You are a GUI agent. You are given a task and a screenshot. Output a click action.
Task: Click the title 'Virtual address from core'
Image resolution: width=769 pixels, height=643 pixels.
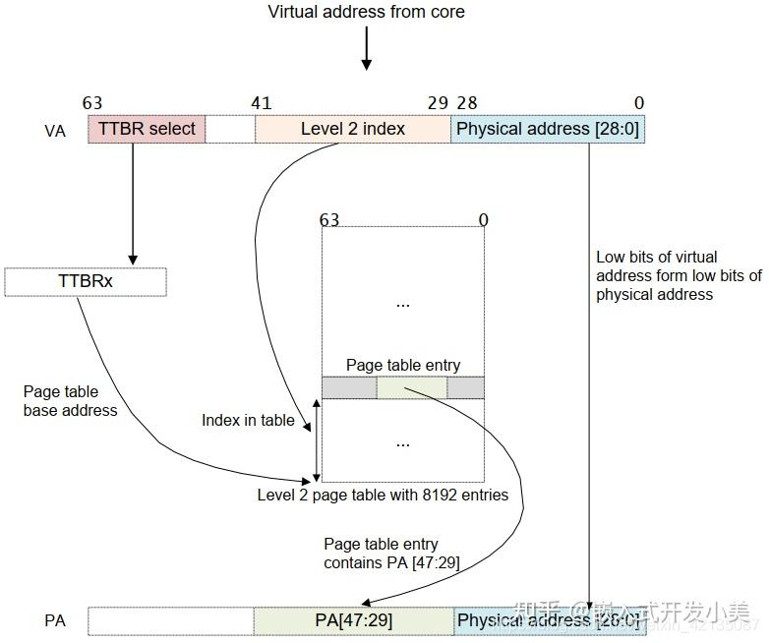coord(366,12)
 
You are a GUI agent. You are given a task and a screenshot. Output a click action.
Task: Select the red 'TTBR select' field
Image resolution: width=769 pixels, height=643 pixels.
coord(147,129)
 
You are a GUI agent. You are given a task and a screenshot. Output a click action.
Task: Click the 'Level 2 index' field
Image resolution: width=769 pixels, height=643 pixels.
coord(352,129)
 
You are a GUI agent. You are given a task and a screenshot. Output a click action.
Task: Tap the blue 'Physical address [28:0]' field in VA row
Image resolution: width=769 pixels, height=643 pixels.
coord(547,129)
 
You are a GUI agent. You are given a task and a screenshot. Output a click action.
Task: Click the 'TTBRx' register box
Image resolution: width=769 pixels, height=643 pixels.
coord(86,281)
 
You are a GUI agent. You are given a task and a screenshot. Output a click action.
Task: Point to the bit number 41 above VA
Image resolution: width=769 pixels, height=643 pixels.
coord(261,103)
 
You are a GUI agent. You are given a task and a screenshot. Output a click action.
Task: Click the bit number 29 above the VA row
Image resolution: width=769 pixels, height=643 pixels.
coord(438,103)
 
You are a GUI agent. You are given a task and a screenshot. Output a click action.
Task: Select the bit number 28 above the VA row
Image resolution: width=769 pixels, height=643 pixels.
coord(466,103)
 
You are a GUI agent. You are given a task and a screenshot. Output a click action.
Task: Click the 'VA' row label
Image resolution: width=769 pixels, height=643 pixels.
coord(55,131)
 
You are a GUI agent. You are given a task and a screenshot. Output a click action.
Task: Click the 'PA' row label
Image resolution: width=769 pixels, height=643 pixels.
coord(55,620)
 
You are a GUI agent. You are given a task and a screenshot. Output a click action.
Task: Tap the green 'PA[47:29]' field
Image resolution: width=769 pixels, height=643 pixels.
coord(353,620)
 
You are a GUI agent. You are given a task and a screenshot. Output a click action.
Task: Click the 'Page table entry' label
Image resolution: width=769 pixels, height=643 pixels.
coord(402,366)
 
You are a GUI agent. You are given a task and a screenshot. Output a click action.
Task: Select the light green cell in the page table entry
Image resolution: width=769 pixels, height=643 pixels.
coord(411,387)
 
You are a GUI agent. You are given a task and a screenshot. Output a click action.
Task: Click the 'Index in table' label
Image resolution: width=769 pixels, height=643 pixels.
coord(248,420)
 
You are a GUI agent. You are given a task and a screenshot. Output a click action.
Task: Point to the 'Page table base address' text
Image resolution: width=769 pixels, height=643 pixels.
coord(70,401)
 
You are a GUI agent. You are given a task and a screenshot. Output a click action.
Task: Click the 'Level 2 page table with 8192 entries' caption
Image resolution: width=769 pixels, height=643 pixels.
coord(383,495)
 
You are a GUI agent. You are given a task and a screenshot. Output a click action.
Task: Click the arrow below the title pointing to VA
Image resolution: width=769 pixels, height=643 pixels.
coord(366,49)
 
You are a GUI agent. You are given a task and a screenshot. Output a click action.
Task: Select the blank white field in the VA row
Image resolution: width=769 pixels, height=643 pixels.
coord(230,129)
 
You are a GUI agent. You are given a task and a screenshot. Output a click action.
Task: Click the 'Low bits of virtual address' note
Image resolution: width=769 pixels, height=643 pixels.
coord(678,275)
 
